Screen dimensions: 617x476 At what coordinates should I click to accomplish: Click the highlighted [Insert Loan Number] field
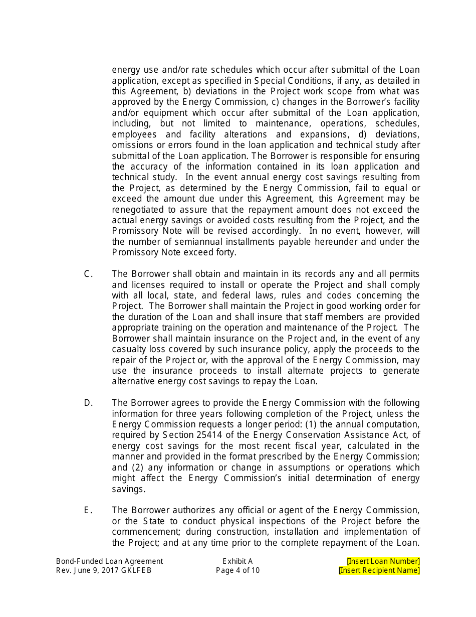[383, 561]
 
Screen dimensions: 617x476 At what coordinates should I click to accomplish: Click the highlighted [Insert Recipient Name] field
[379, 570]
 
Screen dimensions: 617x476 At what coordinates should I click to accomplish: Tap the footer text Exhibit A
[237, 561]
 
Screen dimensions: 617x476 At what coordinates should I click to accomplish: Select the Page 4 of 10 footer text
[237, 570]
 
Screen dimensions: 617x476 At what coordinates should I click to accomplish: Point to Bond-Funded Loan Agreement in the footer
[109, 561]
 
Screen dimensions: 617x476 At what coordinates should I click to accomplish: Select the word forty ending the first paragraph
[225, 253]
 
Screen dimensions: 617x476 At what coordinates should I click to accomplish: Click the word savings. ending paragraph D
[128, 489]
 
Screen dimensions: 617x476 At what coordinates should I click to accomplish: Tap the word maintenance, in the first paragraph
[269, 123]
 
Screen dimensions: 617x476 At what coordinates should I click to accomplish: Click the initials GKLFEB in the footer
[136, 570]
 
